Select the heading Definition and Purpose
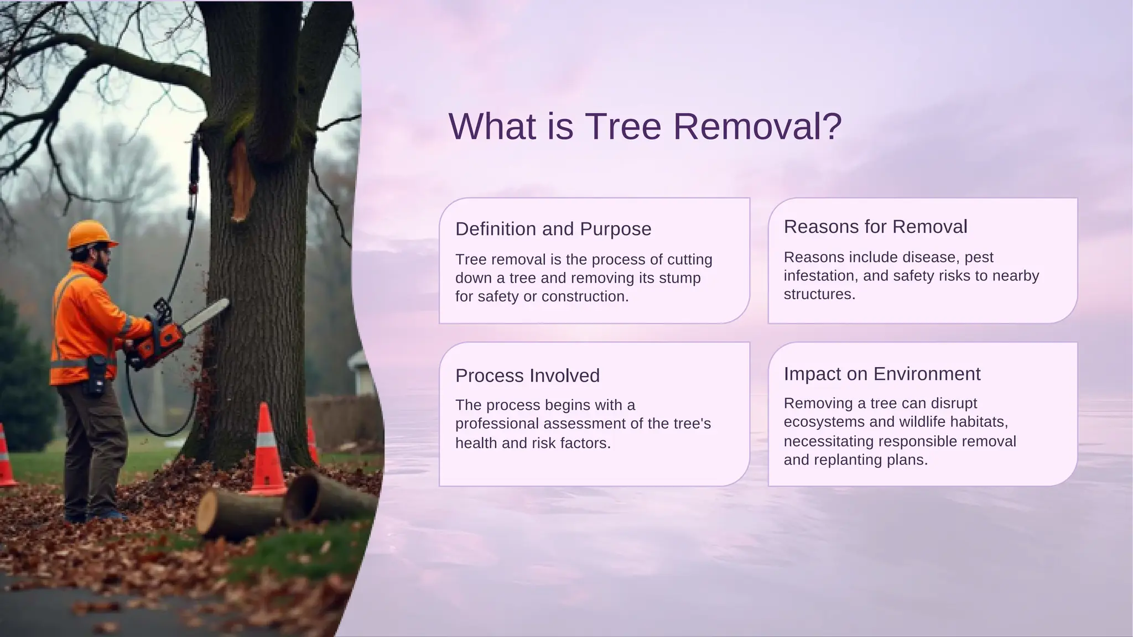pos(553,229)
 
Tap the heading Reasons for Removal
pos(875,227)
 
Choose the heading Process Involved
pos(527,376)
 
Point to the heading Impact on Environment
pos(882,374)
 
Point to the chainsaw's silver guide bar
pos(206,315)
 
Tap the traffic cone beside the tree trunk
pos(267,451)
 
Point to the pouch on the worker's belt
pos(97,376)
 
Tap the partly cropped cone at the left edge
pos(6,456)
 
